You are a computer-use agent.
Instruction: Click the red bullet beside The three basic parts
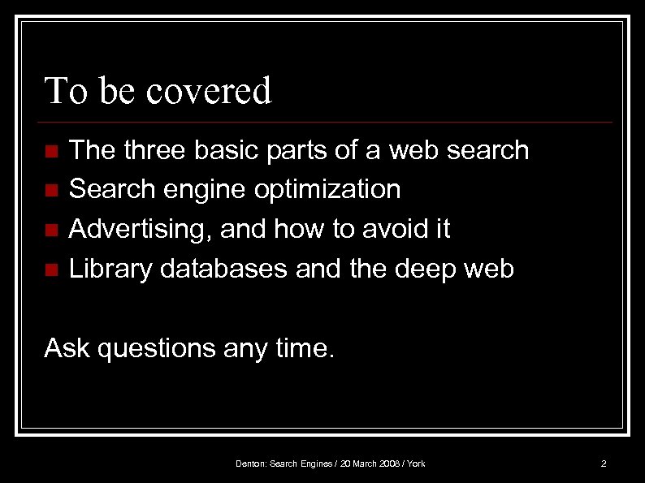pyautogui.click(x=51, y=152)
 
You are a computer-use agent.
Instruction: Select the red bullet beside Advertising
pyautogui.click(x=51, y=231)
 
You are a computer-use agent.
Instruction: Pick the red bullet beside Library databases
pyautogui.click(x=51, y=270)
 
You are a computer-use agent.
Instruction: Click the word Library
pyautogui.click(x=111, y=269)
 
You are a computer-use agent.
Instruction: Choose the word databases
pyautogui.click(x=224, y=269)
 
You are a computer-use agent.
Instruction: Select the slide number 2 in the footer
pyautogui.click(x=604, y=464)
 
